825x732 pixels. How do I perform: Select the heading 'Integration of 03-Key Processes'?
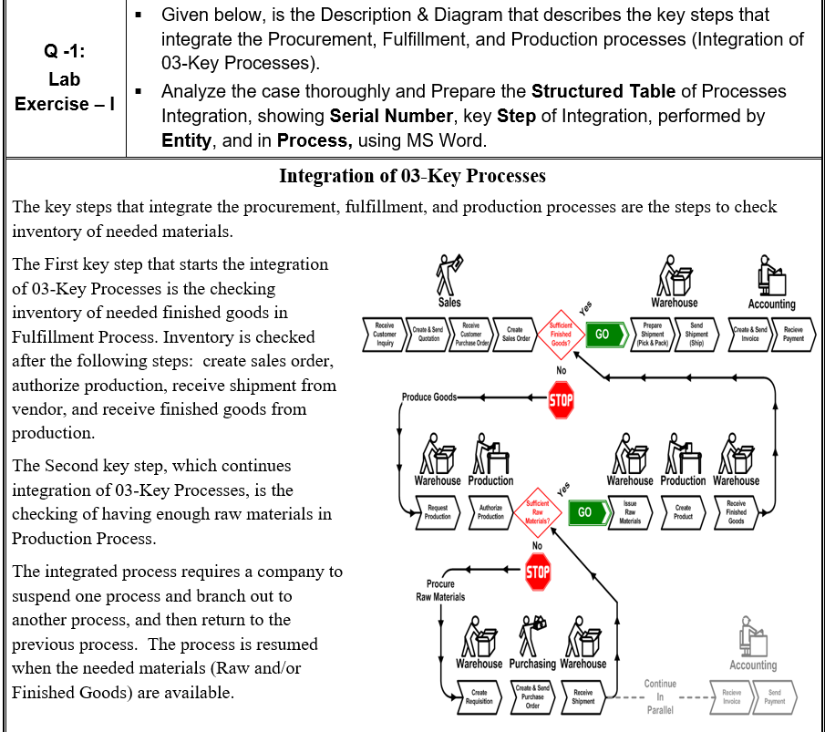(x=412, y=176)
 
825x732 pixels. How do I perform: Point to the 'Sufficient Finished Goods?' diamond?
(x=561, y=333)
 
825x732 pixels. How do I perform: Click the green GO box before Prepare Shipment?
(x=603, y=333)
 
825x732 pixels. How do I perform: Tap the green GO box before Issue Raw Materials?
(x=584, y=511)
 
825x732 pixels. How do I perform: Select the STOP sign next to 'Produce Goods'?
(x=561, y=398)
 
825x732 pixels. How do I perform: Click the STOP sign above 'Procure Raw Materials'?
(x=537, y=572)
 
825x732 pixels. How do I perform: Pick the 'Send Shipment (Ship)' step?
(x=696, y=333)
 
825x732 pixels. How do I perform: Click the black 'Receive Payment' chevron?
(x=792, y=333)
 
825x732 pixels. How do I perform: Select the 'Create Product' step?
(x=683, y=511)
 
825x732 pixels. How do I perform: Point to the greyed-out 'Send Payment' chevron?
(x=774, y=697)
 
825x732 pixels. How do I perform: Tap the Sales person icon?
(x=449, y=272)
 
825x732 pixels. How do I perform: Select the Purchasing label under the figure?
(x=531, y=664)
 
